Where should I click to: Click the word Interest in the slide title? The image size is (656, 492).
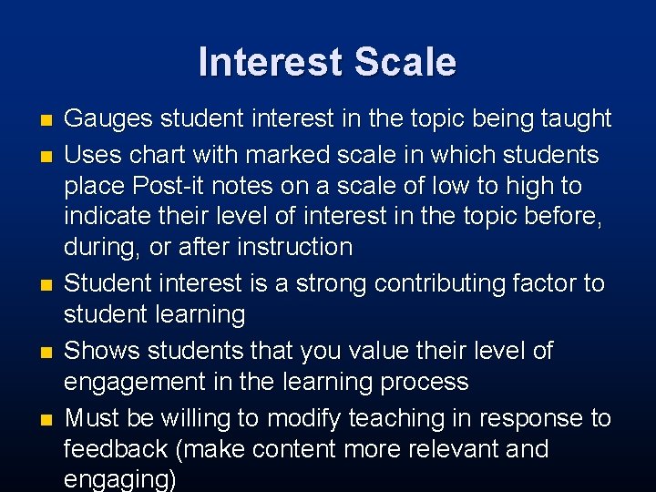(x=271, y=62)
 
